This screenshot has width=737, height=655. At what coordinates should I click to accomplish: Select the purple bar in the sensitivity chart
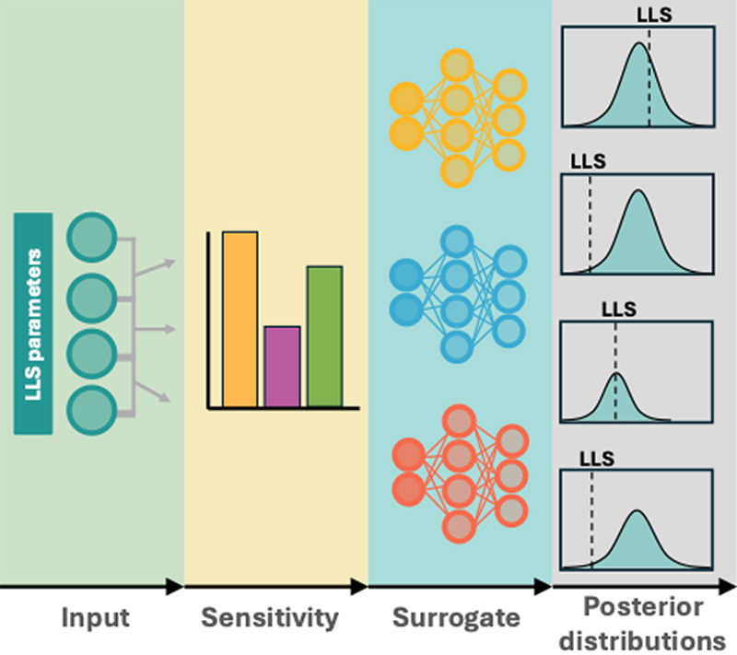click(x=282, y=366)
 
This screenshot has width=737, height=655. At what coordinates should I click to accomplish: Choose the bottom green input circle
click(x=91, y=405)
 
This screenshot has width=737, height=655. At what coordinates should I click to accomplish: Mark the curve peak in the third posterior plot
click(x=616, y=374)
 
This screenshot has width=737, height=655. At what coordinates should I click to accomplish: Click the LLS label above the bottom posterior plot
click(x=596, y=456)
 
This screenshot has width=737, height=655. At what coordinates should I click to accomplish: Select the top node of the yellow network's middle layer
click(x=457, y=66)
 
